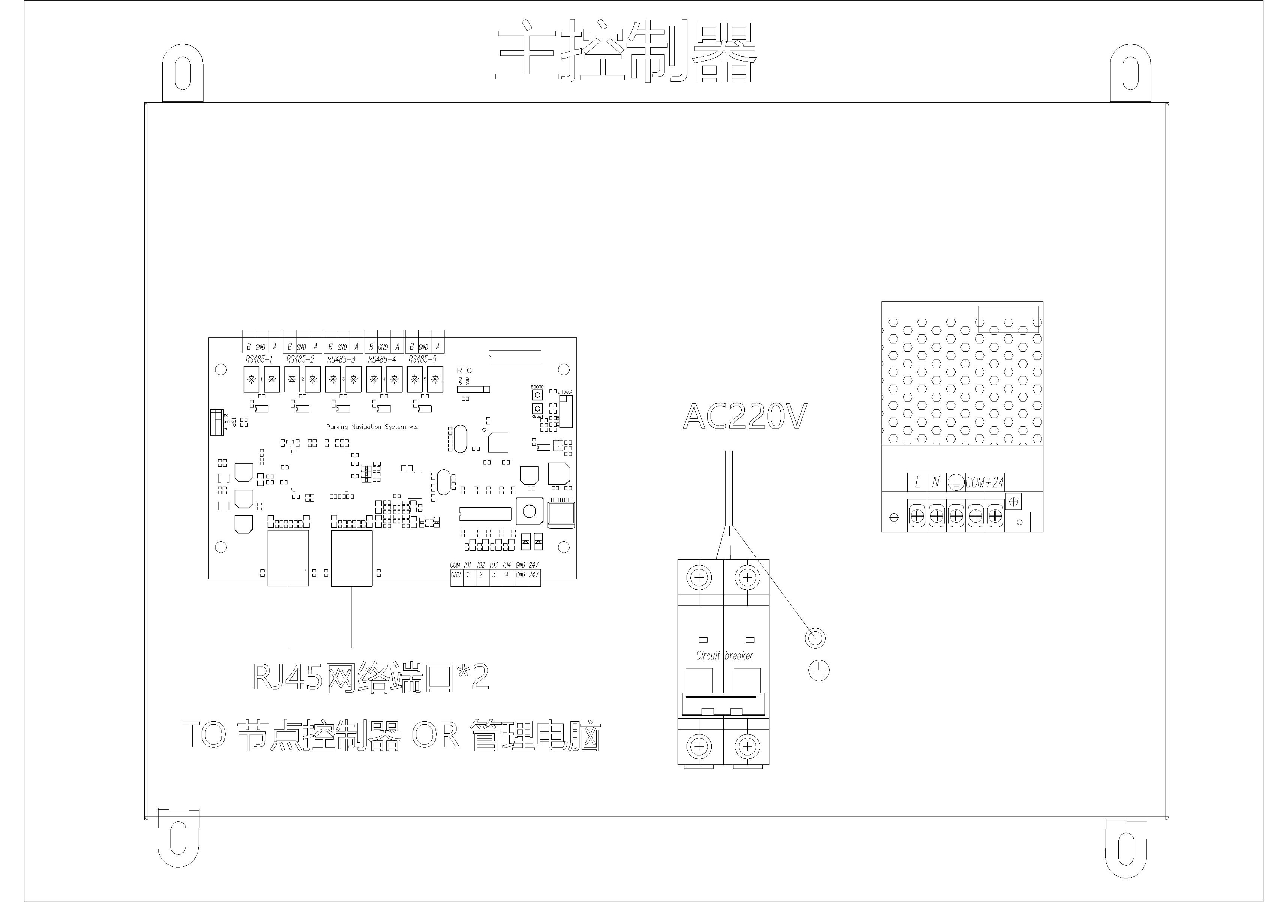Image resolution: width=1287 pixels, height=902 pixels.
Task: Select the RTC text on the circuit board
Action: tap(464, 370)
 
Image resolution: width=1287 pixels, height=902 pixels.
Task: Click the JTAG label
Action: tap(565, 392)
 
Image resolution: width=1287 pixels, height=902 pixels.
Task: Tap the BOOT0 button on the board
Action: tap(537, 395)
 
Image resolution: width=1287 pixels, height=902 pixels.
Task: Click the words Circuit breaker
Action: tap(724, 655)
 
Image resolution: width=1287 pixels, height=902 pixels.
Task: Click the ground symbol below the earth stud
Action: tap(819, 670)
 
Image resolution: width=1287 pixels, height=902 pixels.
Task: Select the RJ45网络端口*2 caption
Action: tap(371, 677)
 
